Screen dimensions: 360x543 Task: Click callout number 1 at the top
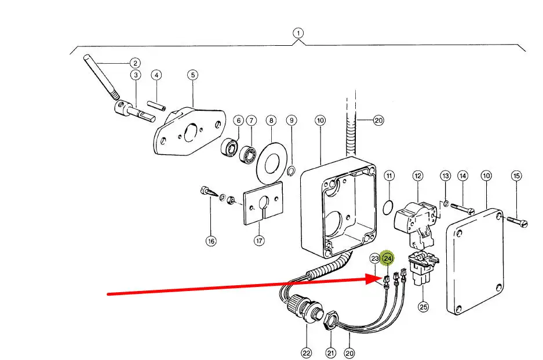(298, 33)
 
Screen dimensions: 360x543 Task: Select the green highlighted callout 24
(388, 258)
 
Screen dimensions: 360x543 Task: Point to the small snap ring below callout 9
(291, 169)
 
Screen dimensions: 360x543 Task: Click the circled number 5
(192, 75)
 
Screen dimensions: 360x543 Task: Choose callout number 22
(306, 352)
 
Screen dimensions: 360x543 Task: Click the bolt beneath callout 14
(462, 207)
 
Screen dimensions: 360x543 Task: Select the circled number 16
(211, 241)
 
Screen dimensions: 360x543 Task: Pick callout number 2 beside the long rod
(134, 63)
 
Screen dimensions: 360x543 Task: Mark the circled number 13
(445, 176)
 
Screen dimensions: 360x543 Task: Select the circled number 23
(375, 258)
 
